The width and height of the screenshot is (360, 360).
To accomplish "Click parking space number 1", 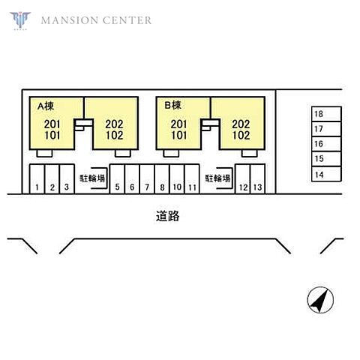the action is pos(37,179).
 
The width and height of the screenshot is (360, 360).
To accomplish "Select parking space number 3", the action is pos(67,179).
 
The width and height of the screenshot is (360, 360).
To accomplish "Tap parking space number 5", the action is pos(117,179).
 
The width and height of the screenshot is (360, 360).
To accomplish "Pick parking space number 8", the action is pos(162,179).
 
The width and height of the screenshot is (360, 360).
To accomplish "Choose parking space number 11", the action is pos(192,179).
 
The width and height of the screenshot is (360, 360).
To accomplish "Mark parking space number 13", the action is pos(257,179).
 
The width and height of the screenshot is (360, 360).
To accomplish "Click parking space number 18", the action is pos(326,114).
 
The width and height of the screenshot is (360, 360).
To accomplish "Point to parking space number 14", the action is pos(326,174).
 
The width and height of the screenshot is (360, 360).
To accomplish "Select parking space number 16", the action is pos(326,144).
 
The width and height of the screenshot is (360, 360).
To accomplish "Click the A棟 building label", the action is pos(46,106).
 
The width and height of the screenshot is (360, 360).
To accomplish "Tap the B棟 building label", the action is pos(172,105).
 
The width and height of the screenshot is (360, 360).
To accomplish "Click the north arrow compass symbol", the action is pos(320,300).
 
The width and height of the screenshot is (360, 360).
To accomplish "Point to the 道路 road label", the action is pos(167,216).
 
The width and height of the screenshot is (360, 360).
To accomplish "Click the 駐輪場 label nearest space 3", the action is pos(92,178).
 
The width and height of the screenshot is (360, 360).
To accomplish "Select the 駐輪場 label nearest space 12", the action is pos(217,178).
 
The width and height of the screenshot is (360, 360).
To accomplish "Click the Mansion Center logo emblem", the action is pos(20,20).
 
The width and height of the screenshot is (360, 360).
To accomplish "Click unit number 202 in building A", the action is pos(114,124).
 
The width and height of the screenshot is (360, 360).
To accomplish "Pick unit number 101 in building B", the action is pos(179,135).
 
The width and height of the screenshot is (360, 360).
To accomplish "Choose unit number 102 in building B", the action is pos(241,135).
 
